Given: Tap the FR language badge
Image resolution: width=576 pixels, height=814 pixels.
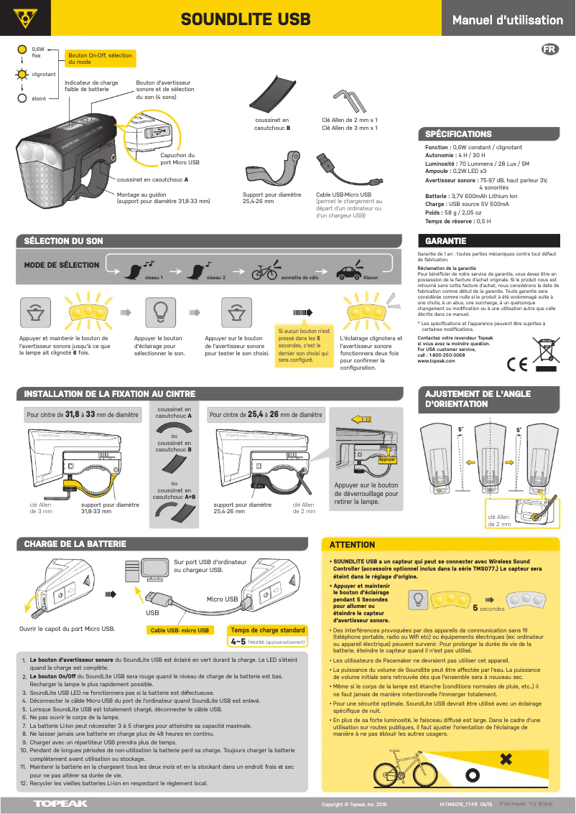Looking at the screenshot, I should [x=549, y=50].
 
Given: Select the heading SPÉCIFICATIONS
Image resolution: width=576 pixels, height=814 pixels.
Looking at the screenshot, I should [x=458, y=134].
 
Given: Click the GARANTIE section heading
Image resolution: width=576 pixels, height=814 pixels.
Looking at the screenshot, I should [x=446, y=241].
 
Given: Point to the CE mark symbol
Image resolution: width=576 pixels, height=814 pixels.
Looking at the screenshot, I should [x=516, y=363].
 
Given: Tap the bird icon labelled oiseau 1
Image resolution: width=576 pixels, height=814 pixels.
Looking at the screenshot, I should [x=134, y=270].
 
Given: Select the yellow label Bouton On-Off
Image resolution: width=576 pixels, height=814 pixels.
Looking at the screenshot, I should [x=100, y=58].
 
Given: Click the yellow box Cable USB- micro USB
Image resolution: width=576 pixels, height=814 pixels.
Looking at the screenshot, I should [x=180, y=630].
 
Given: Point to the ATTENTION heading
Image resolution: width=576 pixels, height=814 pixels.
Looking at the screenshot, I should [x=352, y=545].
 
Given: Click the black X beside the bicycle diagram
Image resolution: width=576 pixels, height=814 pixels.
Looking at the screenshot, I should [x=506, y=759].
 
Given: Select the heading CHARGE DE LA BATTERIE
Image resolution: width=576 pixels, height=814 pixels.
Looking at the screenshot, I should [x=75, y=544].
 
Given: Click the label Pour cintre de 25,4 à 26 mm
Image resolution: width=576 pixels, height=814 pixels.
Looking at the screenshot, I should [x=266, y=415].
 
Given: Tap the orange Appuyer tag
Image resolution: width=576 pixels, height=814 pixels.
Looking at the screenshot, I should [x=387, y=459].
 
